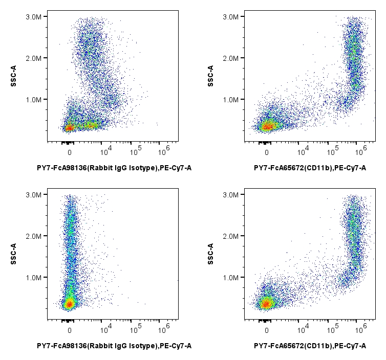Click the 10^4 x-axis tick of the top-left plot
tap(106, 151)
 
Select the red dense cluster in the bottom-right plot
tap(266, 304)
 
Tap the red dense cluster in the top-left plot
tap(69, 127)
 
